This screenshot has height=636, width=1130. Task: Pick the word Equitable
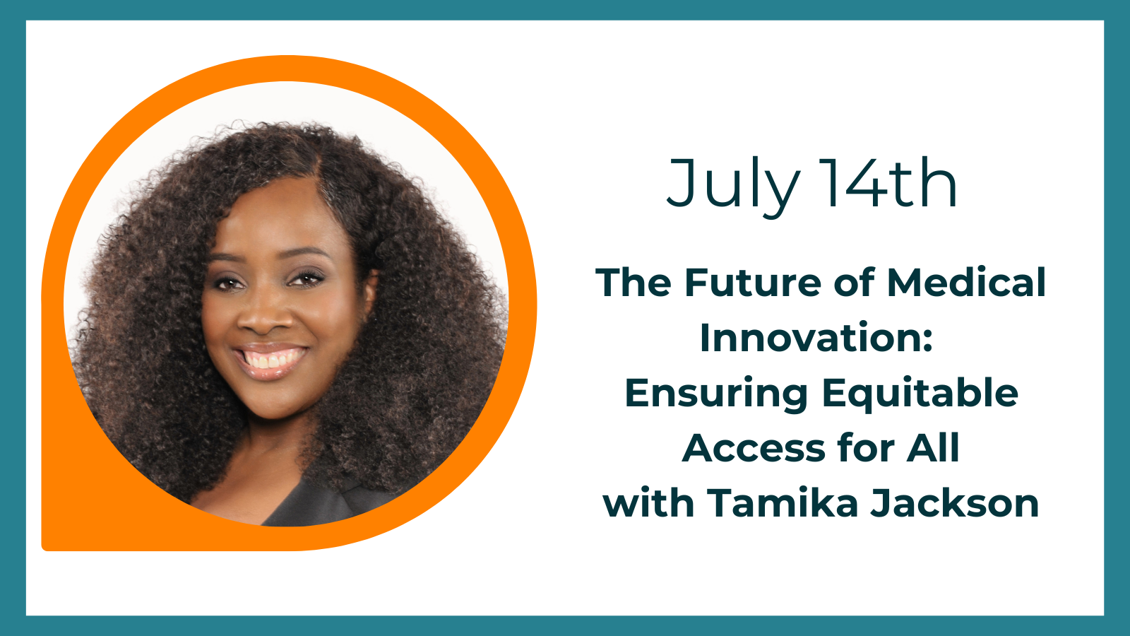(920, 393)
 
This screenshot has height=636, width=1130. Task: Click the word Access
(753, 448)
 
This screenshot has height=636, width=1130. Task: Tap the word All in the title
(933, 447)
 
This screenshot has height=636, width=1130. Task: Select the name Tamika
(783, 502)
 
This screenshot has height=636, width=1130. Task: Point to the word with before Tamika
(648, 502)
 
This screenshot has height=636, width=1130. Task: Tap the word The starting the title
(634, 282)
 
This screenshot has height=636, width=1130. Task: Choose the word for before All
(866, 447)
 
